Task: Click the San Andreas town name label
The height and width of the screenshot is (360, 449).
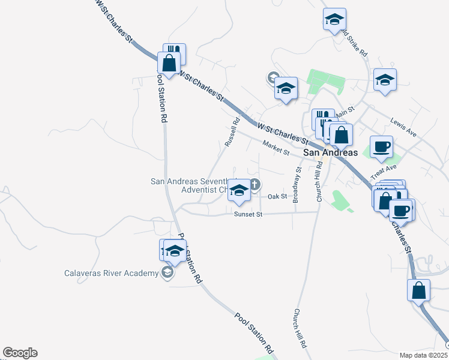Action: [330, 152]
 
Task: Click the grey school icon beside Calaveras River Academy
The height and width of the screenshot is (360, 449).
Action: [167, 274]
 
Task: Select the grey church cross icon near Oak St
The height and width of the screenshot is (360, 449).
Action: [255, 185]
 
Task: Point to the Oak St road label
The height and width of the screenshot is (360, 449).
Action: [277, 197]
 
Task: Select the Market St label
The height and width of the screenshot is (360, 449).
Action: [276, 146]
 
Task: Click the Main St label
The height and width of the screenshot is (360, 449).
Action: [345, 112]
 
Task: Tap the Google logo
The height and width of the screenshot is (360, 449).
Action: [20, 353]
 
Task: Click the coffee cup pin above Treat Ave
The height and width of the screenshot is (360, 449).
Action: [381, 147]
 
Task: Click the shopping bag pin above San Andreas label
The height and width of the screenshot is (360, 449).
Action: [341, 135]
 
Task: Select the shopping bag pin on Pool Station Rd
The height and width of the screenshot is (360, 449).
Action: [169, 62]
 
